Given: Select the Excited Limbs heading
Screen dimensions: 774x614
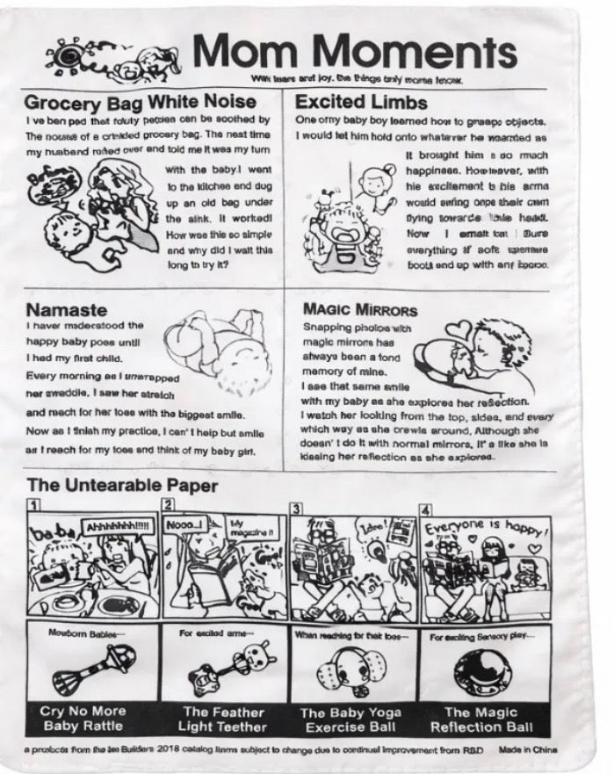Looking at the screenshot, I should (x=361, y=101).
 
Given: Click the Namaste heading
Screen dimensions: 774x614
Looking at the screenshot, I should (x=66, y=309).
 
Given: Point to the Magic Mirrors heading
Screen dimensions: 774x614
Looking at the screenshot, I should (x=360, y=309).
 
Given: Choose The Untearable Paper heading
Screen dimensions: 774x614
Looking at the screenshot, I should (x=122, y=484).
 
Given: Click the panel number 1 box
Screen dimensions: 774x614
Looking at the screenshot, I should (x=33, y=505).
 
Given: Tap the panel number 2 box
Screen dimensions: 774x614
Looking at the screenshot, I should (x=167, y=505).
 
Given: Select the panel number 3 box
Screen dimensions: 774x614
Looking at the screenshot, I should (x=297, y=509).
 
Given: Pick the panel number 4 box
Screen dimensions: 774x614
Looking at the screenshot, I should (x=426, y=509).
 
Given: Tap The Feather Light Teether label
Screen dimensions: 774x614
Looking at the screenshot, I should (x=223, y=719).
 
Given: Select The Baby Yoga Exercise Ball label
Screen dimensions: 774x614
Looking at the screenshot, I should (x=351, y=719).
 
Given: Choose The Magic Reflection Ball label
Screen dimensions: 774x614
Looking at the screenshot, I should (x=480, y=719).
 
